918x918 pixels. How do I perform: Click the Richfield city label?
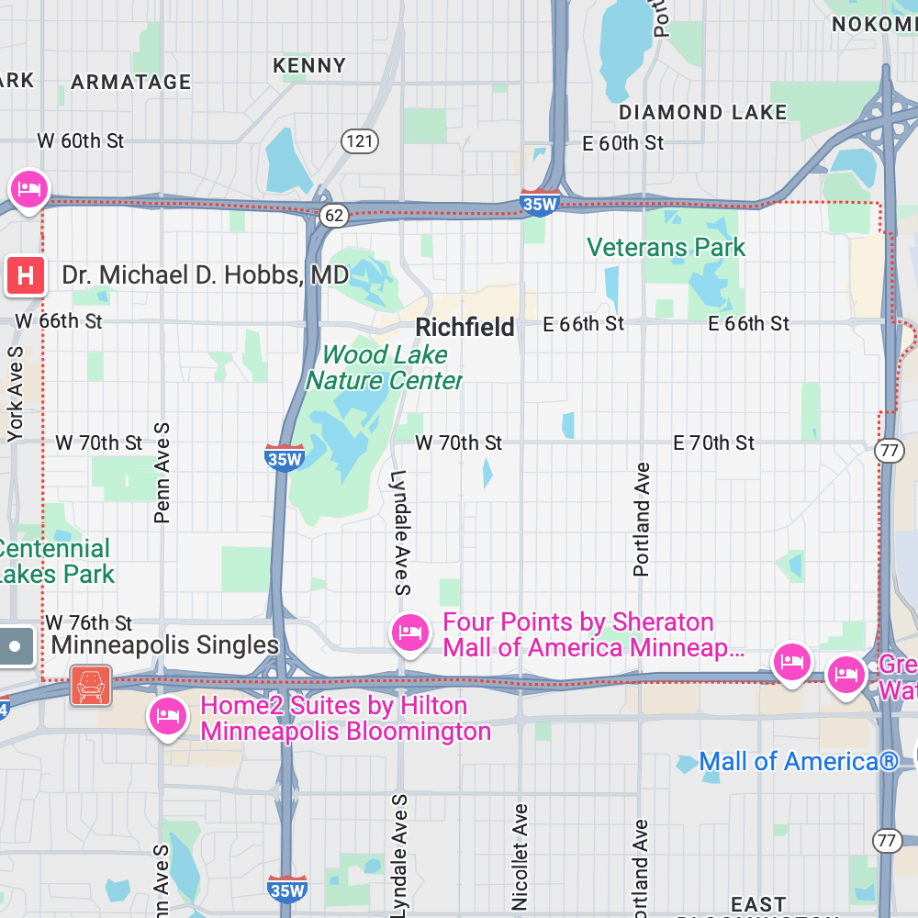click(465, 328)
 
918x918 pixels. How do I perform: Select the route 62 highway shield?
click(334, 216)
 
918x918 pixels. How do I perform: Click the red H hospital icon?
click(26, 275)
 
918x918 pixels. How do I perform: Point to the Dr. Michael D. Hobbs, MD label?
click(205, 275)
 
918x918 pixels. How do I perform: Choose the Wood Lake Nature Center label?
click(384, 367)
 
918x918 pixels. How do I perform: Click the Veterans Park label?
click(666, 248)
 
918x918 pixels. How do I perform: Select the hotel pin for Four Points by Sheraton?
click(409, 633)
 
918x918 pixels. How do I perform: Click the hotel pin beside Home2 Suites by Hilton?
click(166, 716)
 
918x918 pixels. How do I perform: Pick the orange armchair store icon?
click(90, 685)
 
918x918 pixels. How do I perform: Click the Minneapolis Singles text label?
click(164, 644)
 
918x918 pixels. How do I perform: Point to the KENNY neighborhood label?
click(309, 66)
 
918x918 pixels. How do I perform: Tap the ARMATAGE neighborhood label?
click(130, 82)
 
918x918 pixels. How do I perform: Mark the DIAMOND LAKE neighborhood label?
click(702, 113)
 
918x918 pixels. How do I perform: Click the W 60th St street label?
click(80, 141)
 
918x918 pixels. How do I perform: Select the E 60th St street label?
click(622, 143)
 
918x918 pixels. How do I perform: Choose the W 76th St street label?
click(89, 623)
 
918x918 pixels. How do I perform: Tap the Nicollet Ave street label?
click(521, 856)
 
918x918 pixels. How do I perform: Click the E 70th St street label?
click(713, 443)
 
